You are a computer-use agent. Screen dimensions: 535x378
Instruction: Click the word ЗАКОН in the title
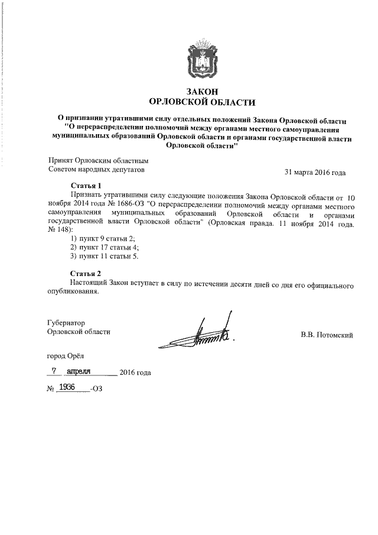(x=198, y=91)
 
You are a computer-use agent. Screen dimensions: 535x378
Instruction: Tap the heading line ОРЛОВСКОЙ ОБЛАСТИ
(x=198, y=101)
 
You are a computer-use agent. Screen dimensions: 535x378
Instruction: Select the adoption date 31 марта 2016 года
(x=315, y=173)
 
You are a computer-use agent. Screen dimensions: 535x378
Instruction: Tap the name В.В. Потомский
(x=327, y=336)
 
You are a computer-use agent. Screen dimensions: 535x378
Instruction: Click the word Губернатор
(x=67, y=323)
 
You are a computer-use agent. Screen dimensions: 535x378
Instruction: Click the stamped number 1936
(x=70, y=388)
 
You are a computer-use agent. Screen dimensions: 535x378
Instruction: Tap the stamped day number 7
(x=54, y=371)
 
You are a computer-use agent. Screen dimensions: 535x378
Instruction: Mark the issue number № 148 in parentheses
(x=59, y=229)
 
